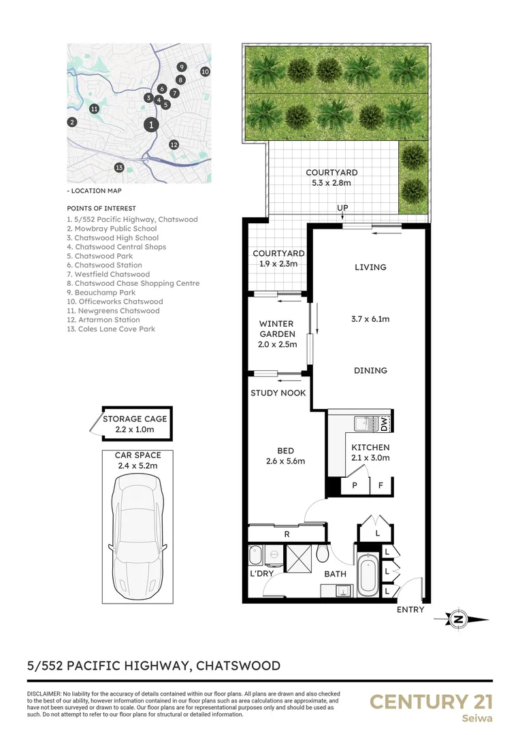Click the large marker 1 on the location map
point(151,125)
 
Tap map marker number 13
point(118,167)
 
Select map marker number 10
point(205,71)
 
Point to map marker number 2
point(71,122)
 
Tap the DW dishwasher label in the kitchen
point(384,423)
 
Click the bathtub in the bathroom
point(367,573)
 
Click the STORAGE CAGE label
point(134,419)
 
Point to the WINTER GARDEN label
point(277,329)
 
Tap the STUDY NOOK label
point(278,393)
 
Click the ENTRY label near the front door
point(410,610)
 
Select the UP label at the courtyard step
point(344,208)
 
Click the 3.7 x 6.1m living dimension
point(370,318)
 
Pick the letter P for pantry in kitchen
point(354,486)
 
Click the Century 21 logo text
point(430,702)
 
